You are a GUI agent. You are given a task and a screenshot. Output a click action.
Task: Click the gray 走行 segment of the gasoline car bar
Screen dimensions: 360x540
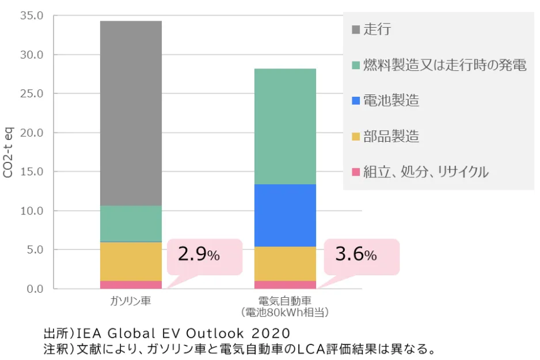131,113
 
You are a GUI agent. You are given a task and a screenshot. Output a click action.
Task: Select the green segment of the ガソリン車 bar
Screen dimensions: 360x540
131,223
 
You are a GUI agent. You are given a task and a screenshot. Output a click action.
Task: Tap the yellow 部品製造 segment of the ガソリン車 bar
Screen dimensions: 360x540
131,262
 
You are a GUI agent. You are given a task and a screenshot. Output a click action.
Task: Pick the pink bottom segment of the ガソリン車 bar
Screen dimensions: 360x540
131,285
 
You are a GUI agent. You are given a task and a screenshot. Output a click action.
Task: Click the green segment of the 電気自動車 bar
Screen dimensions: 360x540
286,126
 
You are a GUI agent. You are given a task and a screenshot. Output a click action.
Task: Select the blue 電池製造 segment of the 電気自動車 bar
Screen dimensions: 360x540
286,215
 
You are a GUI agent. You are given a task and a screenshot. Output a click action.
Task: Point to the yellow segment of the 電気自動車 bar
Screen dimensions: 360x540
286,264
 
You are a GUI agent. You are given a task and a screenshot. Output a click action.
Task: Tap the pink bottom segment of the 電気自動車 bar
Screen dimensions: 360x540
286,285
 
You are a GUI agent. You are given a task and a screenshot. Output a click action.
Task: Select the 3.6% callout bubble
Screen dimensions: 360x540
356,255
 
